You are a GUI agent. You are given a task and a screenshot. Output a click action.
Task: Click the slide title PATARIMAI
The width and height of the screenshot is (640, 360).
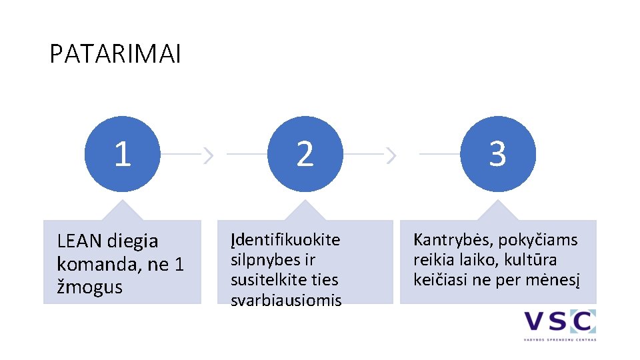pyautogui.click(x=115, y=55)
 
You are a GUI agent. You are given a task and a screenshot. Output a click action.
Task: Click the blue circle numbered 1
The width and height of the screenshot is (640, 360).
pyautogui.click(x=122, y=154)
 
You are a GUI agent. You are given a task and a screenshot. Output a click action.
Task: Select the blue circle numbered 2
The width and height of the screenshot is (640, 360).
pyautogui.click(x=305, y=154)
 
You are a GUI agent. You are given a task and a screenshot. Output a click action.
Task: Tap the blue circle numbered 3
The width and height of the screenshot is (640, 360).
pyautogui.click(x=497, y=154)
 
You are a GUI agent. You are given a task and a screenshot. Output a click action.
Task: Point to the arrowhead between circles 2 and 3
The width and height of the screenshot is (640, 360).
pyautogui.click(x=391, y=155)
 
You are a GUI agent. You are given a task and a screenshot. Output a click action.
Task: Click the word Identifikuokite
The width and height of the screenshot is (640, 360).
pyautogui.click(x=285, y=239)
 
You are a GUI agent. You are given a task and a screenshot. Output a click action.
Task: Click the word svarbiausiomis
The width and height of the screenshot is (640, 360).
pyautogui.click(x=286, y=300)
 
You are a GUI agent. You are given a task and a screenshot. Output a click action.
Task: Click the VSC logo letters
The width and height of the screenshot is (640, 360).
pyautogui.click(x=559, y=322)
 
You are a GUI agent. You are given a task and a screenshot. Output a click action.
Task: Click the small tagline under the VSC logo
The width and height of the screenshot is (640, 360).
pyautogui.click(x=559, y=339)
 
